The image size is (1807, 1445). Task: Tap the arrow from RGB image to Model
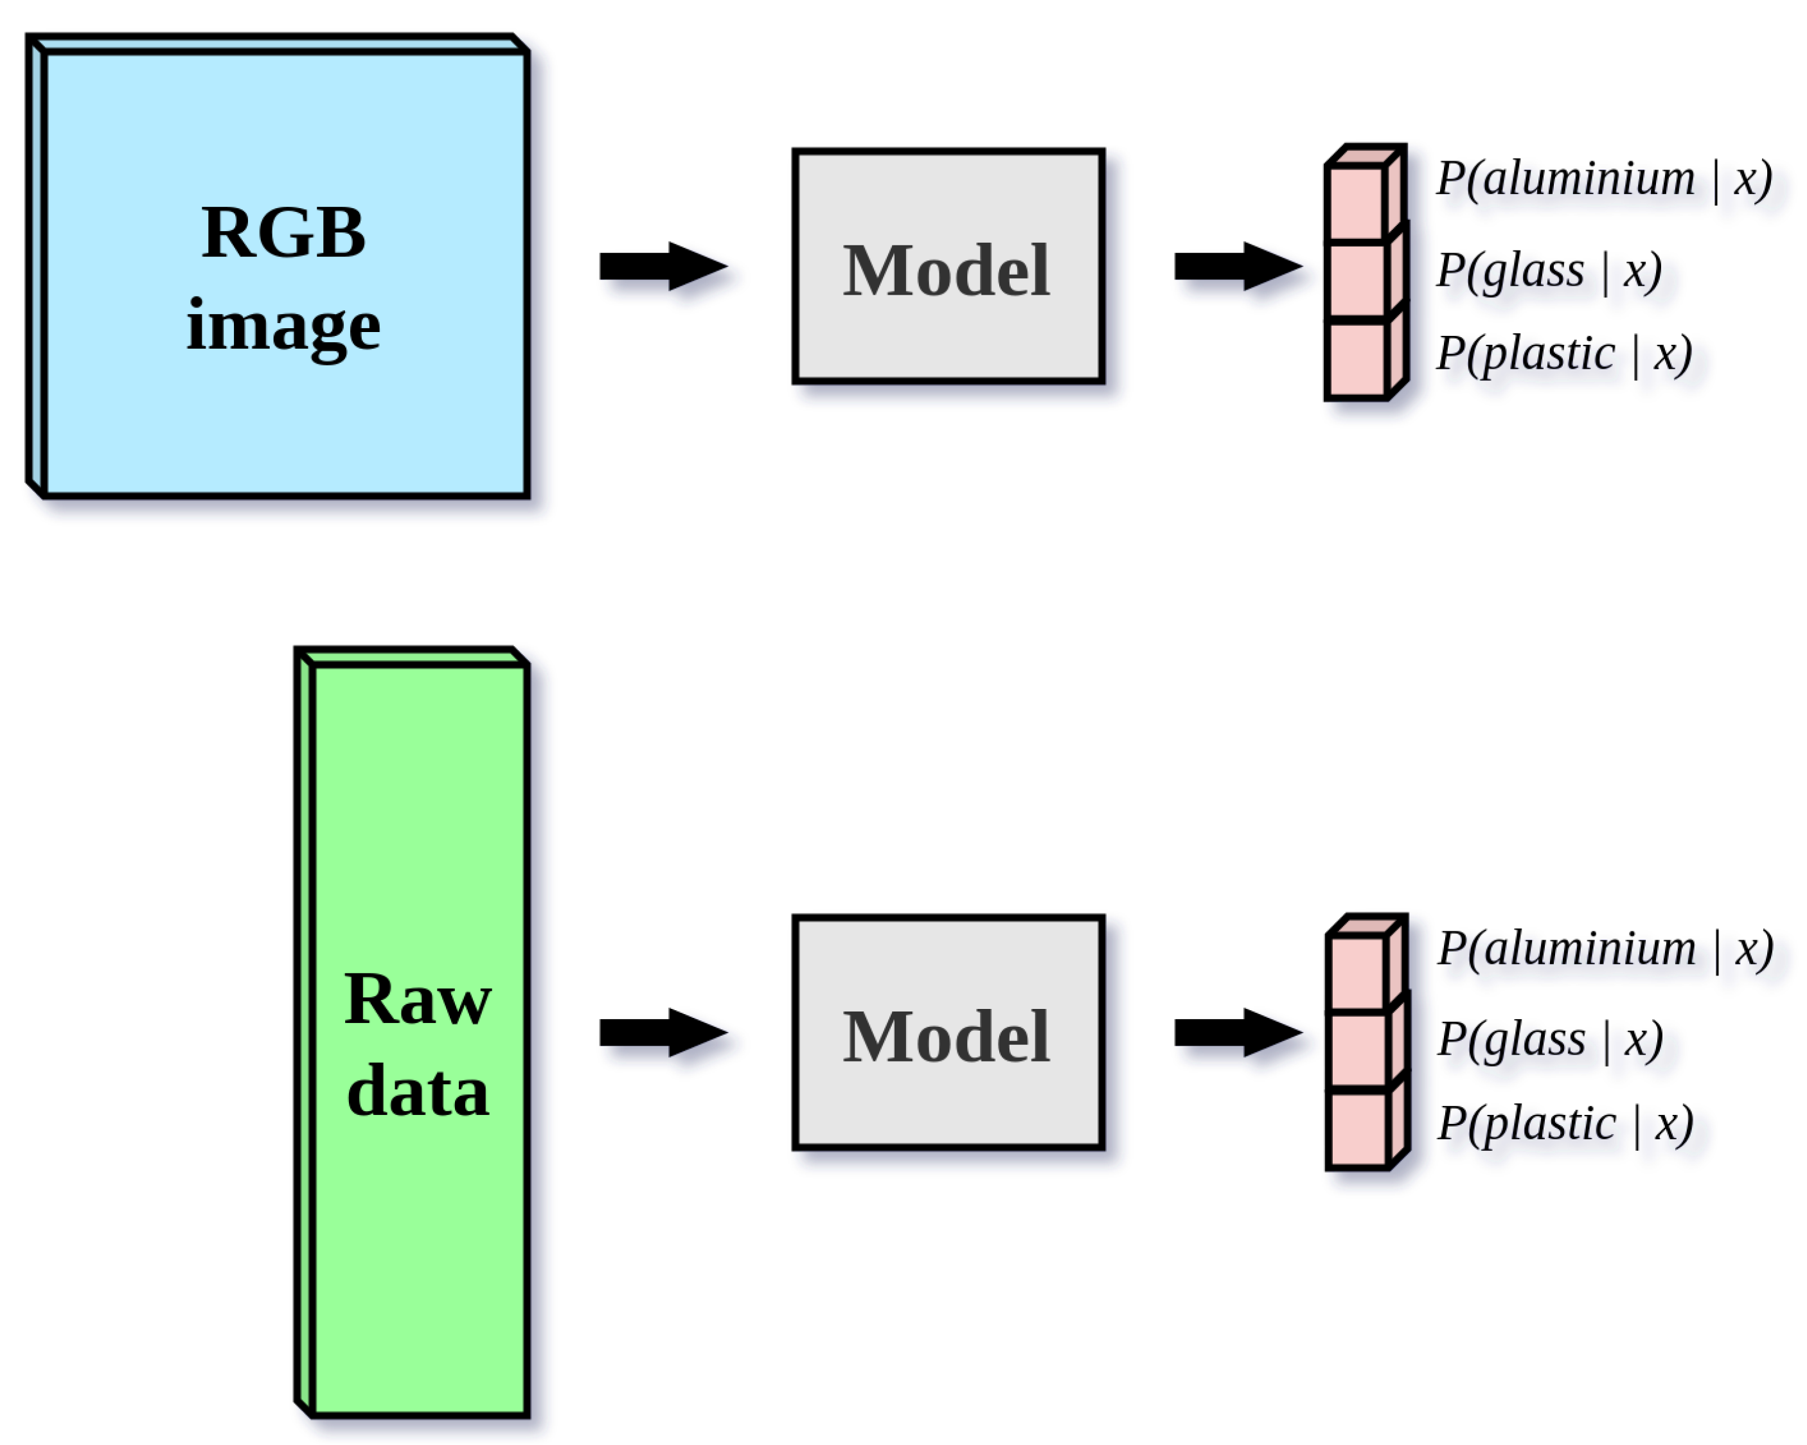pyautogui.click(x=662, y=267)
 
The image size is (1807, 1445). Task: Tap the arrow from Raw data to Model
pyautogui.click(x=662, y=1032)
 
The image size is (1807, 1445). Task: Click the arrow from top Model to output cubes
pyautogui.click(x=1237, y=267)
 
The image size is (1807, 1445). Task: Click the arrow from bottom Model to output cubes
pyautogui.click(x=1237, y=1032)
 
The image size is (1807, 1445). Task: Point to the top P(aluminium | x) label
pyautogui.click(x=1603, y=179)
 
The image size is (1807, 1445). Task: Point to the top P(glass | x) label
pyautogui.click(x=1549, y=270)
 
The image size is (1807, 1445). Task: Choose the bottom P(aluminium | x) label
pyautogui.click(x=1604, y=949)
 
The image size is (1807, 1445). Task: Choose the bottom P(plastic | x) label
pyautogui.click(x=1565, y=1123)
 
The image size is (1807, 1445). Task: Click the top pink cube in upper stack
pyautogui.click(x=1355, y=204)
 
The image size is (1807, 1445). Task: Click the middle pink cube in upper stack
pyautogui.click(x=1355, y=281)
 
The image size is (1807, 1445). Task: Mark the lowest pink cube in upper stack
pyautogui.click(x=1355, y=360)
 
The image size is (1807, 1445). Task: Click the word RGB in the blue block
pyautogui.click(x=283, y=233)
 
